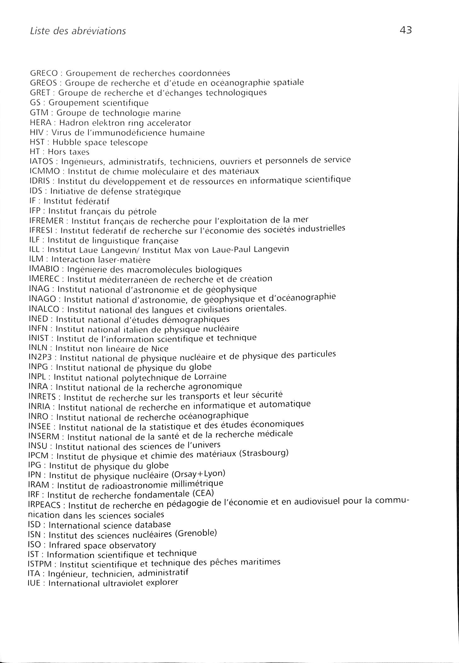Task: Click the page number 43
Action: click(406, 31)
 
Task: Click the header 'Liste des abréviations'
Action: click(78, 31)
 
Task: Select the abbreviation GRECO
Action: click(44, 73)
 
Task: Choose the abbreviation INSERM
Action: click(44, 437)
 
